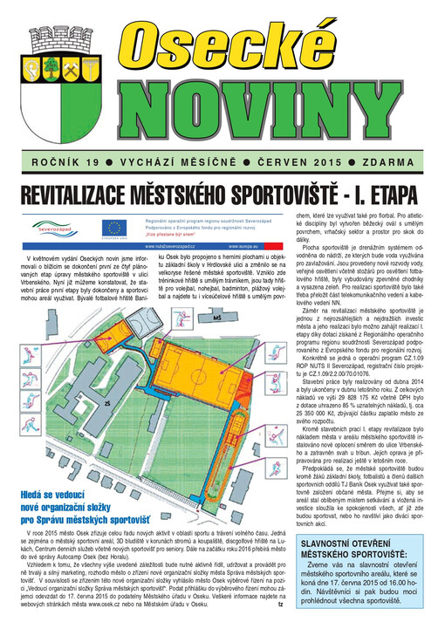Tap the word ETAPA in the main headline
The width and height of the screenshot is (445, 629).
(389, 193)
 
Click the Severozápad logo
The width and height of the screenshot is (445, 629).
(41, 227)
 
